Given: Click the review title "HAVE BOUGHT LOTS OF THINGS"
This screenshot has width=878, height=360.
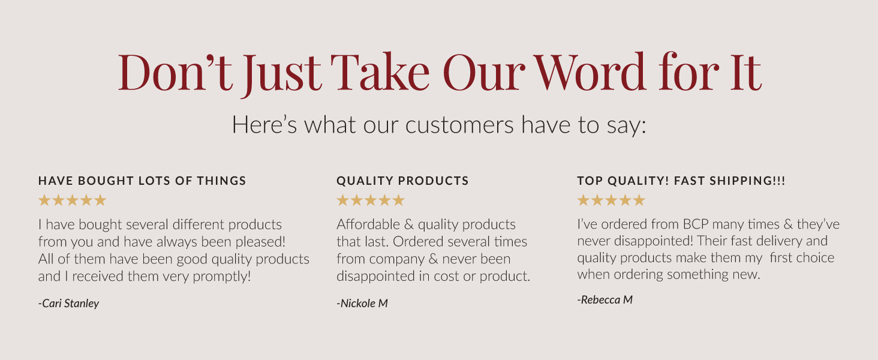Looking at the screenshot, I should coord(142,181).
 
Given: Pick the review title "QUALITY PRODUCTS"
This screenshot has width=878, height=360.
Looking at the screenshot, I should coord(402,181).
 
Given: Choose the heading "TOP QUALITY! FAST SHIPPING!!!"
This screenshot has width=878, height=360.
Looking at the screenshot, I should coord(681,181).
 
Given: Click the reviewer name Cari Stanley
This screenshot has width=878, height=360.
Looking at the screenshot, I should coord(69,303).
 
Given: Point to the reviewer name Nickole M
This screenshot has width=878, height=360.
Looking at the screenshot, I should coord(362,303).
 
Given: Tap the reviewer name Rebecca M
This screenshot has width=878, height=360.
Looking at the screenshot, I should coord(605,299).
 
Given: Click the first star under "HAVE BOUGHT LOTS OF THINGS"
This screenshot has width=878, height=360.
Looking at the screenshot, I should coord(44,200).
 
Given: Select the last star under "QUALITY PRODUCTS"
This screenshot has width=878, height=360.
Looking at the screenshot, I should coord(398,200).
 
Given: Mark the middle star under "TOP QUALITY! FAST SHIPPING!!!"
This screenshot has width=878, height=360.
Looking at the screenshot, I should coord(611,200).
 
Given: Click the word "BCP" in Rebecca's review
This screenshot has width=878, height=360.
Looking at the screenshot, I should coord(696,224).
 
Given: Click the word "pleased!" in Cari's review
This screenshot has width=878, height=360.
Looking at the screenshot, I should coord(258,242).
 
